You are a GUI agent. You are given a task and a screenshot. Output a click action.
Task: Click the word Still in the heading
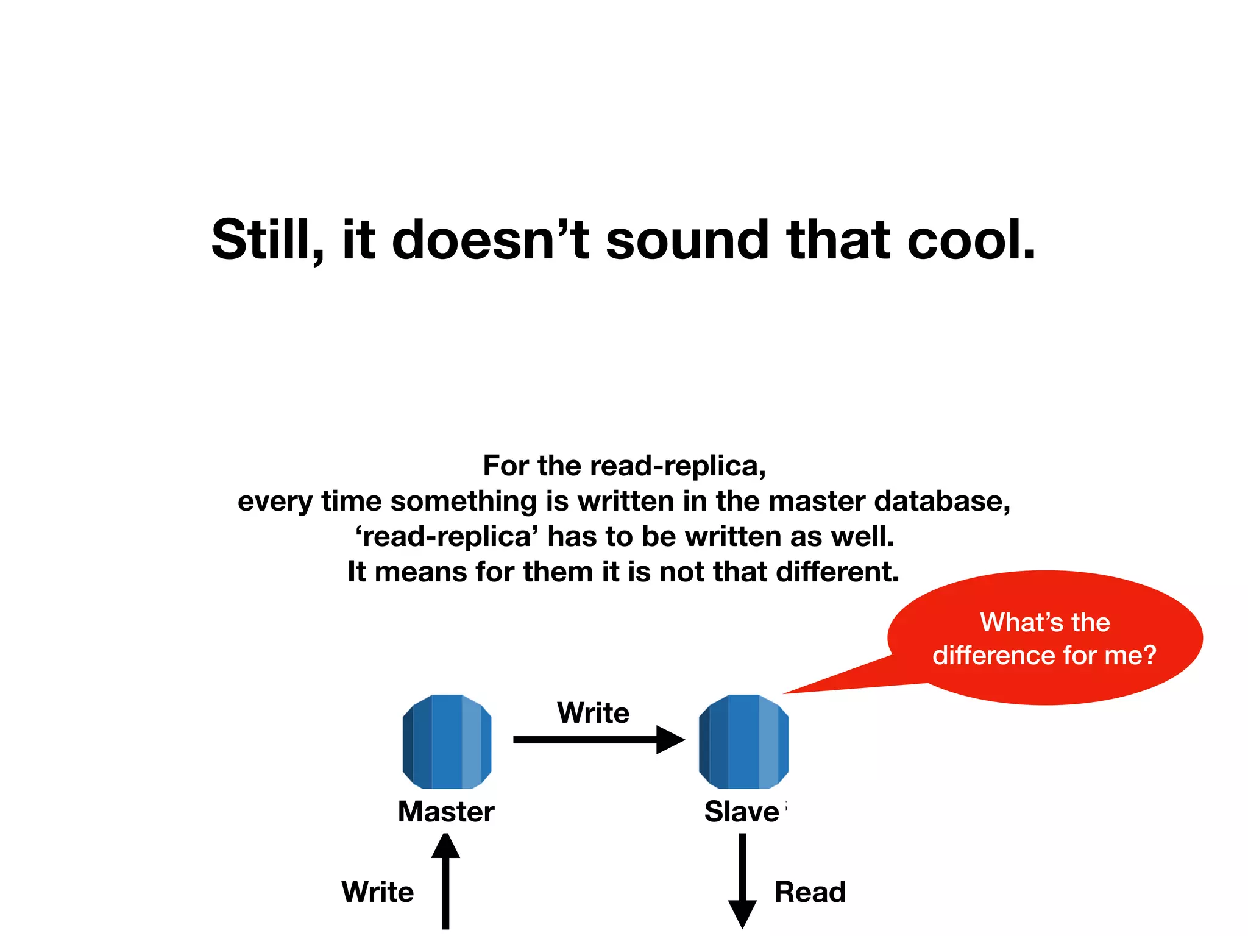click(264, 240)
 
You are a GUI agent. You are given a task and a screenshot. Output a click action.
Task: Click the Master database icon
click(447, 741)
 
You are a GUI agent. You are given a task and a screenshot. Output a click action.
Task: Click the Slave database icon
click(743, 741)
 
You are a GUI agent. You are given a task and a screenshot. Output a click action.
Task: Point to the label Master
click(446, 812)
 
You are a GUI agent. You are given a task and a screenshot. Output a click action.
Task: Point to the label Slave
click(742, 812)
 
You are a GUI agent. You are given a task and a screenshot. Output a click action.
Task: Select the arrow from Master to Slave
click(597, 740)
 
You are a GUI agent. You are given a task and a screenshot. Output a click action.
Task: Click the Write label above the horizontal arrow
click(593, 712)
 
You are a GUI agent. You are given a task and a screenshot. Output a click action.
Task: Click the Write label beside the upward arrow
click(377, 892)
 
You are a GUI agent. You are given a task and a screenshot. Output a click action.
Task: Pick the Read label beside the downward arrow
click(810, 892)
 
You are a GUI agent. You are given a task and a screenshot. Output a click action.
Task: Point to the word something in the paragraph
click(464, 502)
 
